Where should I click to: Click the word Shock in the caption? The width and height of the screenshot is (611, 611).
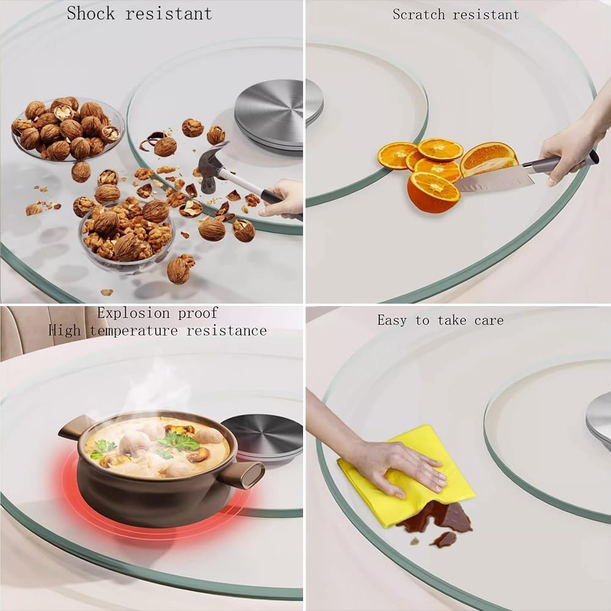click(91, 13)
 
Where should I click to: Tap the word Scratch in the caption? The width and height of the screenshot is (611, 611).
click(419, 15)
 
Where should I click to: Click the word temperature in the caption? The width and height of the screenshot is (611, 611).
click(134, 331)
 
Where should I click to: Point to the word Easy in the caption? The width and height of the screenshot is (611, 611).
click(392, 321)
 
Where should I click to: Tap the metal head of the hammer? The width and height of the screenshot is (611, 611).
click(211, 166)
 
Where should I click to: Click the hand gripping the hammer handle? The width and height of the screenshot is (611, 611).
click(280, 198)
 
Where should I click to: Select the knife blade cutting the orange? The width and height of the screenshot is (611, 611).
click(493, 179)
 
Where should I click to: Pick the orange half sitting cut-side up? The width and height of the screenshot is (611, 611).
click(433, 192)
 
